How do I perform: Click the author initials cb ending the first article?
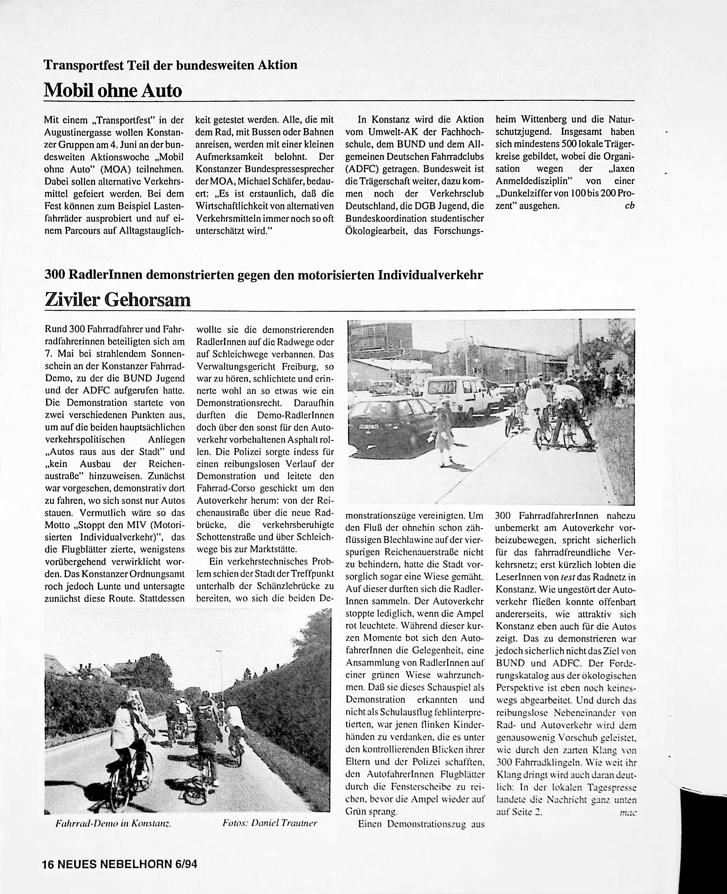(630, 206)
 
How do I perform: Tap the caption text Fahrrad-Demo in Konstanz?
(114, 823)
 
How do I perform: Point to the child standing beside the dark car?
(443, 438)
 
